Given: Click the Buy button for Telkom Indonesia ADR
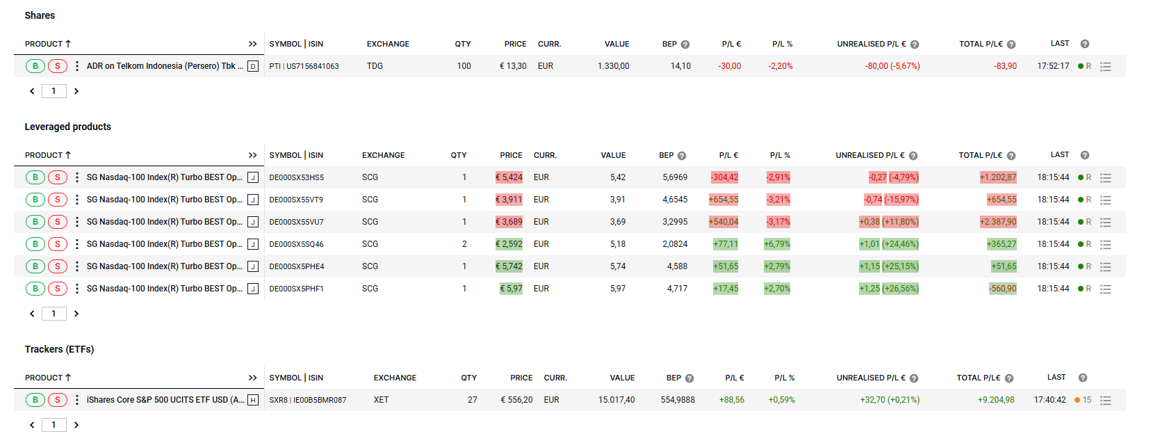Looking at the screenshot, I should click(35, 66).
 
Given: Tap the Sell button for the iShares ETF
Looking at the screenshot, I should click(58, 400).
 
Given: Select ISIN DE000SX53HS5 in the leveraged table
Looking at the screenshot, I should click(296, 177).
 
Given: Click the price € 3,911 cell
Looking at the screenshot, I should click(509, 200).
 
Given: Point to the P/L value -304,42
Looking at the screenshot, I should click(724, 177).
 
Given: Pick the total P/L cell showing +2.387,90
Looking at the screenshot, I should click(998, 222).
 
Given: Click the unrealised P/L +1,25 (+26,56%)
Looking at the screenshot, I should click(888, 289).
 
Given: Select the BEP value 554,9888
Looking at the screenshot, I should click(677, 400).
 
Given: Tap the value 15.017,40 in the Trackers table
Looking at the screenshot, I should click(616, 400).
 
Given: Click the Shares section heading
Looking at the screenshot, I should click(40, 15).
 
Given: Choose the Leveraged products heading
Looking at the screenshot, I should click(68, 127).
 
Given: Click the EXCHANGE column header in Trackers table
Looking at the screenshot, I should click(395, 378).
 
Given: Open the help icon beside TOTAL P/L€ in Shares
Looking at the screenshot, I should click(1011, 45).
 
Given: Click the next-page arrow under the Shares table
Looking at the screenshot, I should click(76, 91).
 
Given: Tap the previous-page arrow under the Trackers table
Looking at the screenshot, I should click(32, 425).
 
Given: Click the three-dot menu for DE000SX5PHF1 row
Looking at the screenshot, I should click(77, 289).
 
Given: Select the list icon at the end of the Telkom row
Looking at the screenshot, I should click(1106, 67).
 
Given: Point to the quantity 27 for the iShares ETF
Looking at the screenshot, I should click(472, 400).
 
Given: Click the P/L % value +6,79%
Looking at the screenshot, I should click(777, 244).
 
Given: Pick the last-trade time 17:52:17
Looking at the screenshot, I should click(1053, 66).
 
